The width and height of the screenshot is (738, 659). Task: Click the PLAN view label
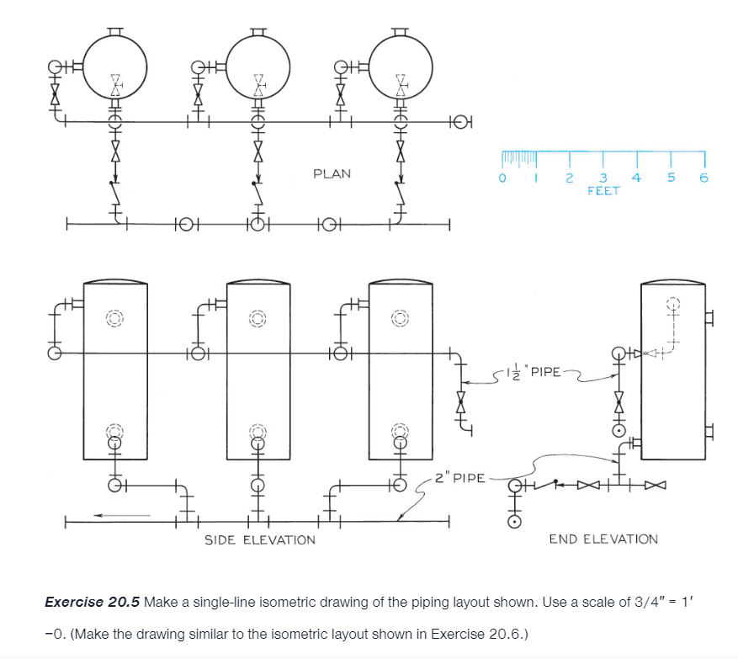pos(332,174)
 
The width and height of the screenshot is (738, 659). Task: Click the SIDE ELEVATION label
pos(260,539)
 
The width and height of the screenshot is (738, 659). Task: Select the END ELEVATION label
pos(603,539)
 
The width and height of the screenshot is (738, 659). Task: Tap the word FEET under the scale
pos(603,191)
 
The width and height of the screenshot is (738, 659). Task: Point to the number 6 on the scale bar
pos(703,178)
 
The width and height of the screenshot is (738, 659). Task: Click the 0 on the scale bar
pos(503,178)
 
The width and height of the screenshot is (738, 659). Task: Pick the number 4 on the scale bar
pos(636,178)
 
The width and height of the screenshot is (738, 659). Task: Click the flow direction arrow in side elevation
pos(122,514)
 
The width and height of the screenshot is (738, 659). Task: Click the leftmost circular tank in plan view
pos(116,64)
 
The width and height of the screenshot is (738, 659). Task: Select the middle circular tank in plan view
pos(259,64)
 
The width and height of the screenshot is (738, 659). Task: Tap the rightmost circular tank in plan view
pos(401,64)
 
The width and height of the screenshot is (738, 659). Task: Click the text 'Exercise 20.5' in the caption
pos(92,602)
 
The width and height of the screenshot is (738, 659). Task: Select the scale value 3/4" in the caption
pos(643,602)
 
